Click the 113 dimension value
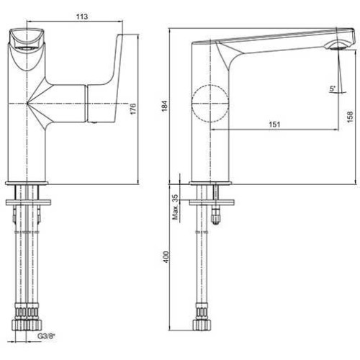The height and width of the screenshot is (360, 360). pyautogui.click(x=82, y=17)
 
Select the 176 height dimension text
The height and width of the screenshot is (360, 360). pyautogui.click(x=132, y=109)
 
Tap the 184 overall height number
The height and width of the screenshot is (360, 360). pyautogui.click(x=165, y=106)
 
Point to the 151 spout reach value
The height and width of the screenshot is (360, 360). pyautogui.click(x=274, y=125)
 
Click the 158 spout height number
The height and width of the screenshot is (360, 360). pyautogui.click(x=350, y=117)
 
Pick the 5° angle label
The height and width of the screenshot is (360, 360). pyautogui.click(x=333, y=89)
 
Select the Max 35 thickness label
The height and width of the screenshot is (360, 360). pyautogui.click(x=176, y=207)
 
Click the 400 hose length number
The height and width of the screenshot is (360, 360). pyautogui.click(x=166, y=257)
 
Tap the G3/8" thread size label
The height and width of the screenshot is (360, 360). pyautogui.click(x=46, y=336)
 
